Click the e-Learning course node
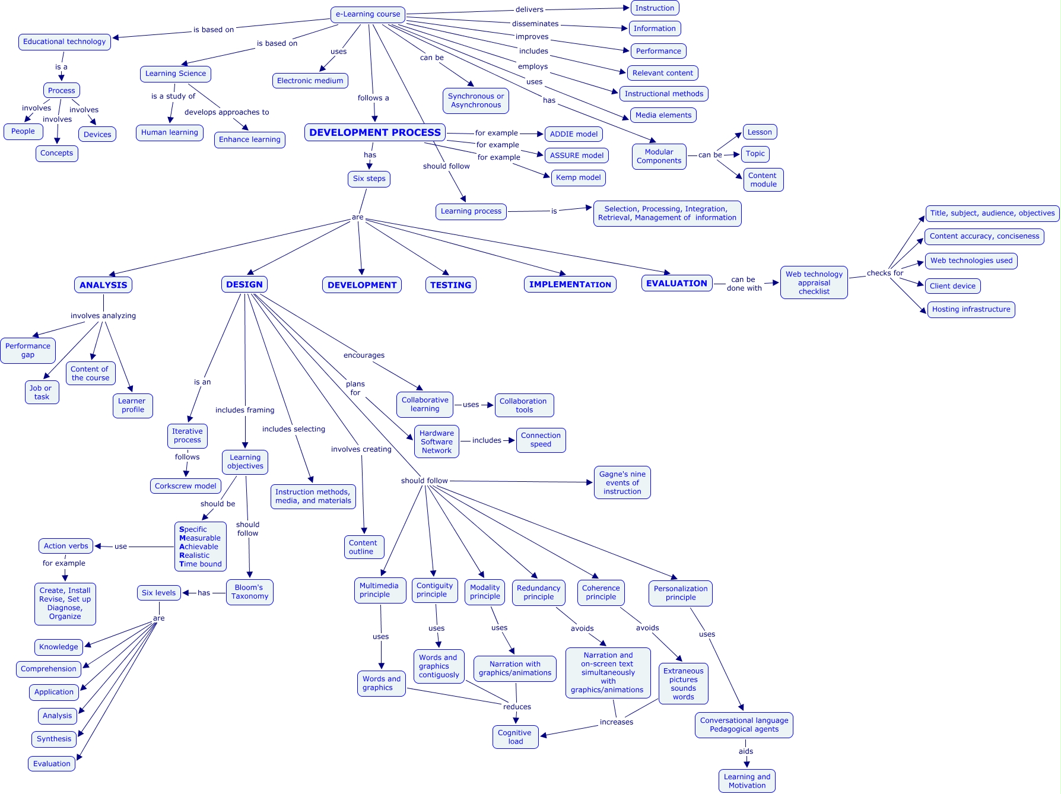368,14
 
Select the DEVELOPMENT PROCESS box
375,132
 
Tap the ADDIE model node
573,134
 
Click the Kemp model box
578,177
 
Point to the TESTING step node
450,285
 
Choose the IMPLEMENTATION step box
570,284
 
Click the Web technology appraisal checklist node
814,282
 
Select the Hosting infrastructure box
971,309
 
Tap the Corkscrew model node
185,486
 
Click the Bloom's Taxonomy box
249,592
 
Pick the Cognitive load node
515,737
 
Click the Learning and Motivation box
746,781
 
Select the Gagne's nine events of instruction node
622,482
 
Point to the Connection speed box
541,440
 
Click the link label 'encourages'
364,355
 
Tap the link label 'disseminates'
535,24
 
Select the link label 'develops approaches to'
227,112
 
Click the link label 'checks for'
885,273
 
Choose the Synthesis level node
54,739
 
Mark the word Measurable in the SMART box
200,538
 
